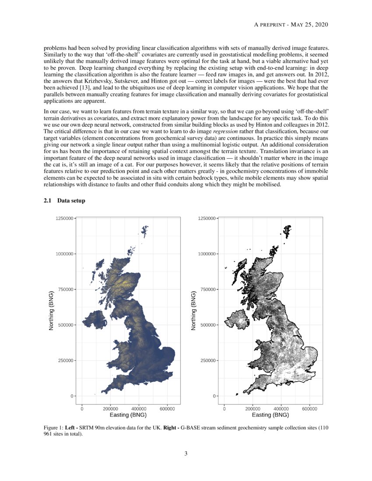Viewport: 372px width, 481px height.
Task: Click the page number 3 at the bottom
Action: click(x=186, y=454)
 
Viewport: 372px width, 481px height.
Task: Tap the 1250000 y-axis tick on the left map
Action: click(x=64, y=218)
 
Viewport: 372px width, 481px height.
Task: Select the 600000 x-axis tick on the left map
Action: click(x=168, y=408)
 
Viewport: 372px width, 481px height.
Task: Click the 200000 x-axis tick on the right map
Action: click(x=253, y=408)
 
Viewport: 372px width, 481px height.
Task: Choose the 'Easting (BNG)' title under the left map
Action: click(x=128, y=415)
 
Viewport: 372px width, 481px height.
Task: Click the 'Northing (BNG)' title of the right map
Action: click(x=193, y=309)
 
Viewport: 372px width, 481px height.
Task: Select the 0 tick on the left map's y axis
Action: click(x=72, y=396)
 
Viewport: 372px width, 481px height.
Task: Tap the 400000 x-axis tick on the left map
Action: click(x=139, y=408)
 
